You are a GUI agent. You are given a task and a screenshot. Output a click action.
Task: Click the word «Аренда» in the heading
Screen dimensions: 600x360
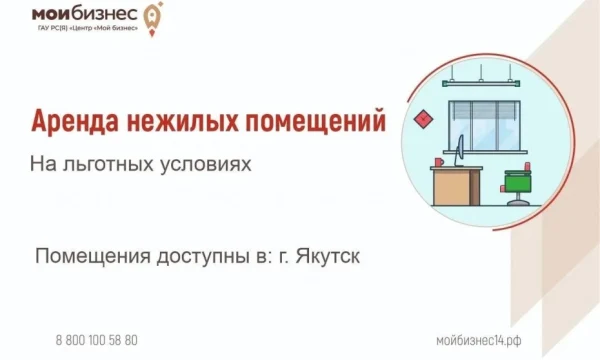click(75, 121)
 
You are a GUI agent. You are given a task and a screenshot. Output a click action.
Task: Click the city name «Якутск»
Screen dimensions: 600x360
click(328, 256)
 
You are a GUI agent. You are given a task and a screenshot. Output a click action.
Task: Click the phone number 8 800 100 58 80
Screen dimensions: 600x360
click(97, 340)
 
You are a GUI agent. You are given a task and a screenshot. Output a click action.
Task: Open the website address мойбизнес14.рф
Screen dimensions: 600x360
click(479, 340)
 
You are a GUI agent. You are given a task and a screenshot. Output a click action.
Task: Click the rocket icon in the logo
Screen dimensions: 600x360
click(153, 18)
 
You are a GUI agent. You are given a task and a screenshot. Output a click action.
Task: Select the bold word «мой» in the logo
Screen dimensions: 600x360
click(51, 14)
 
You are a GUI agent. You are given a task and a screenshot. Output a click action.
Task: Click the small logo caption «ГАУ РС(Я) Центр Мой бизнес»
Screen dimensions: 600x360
click(88, 28)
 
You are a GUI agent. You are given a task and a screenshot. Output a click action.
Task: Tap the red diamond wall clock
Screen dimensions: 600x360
click(424, 119)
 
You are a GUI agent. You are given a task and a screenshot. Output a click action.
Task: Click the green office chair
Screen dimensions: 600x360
click(517, 184)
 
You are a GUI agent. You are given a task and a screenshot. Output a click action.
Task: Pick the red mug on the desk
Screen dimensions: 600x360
click(439, 162)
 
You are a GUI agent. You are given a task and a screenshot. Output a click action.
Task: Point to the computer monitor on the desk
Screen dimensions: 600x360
click(460, 151)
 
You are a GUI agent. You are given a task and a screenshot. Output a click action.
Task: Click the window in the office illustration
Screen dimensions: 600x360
click(484, 126)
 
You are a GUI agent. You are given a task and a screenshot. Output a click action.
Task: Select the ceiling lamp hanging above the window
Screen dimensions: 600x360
click(481, 83)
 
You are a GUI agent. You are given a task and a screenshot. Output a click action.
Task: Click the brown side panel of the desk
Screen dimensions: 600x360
click(474, 187)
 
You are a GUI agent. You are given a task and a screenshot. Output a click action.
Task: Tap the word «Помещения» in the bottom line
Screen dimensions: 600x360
click(93, 257)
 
